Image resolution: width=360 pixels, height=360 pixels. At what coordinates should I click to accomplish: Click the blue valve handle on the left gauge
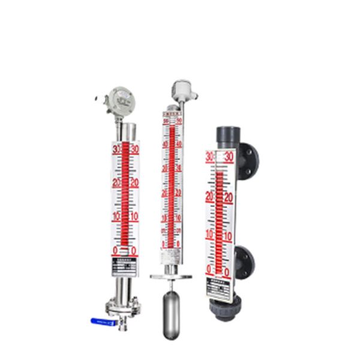(x=101, y=322)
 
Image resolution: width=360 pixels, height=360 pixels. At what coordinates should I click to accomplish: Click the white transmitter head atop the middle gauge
(x=179, y=89)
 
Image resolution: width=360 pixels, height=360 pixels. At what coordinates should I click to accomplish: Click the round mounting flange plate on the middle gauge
(x=172, y=277)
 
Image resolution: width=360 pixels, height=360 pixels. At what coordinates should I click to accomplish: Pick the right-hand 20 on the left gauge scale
(x=134, y=182)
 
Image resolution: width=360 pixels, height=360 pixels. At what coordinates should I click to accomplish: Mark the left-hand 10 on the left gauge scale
(x=117, y=216)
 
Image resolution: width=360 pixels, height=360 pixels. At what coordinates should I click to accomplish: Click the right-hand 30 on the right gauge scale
(x=229, y=157)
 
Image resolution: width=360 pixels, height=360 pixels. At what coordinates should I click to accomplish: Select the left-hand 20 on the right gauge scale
(x=209, y=195)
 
